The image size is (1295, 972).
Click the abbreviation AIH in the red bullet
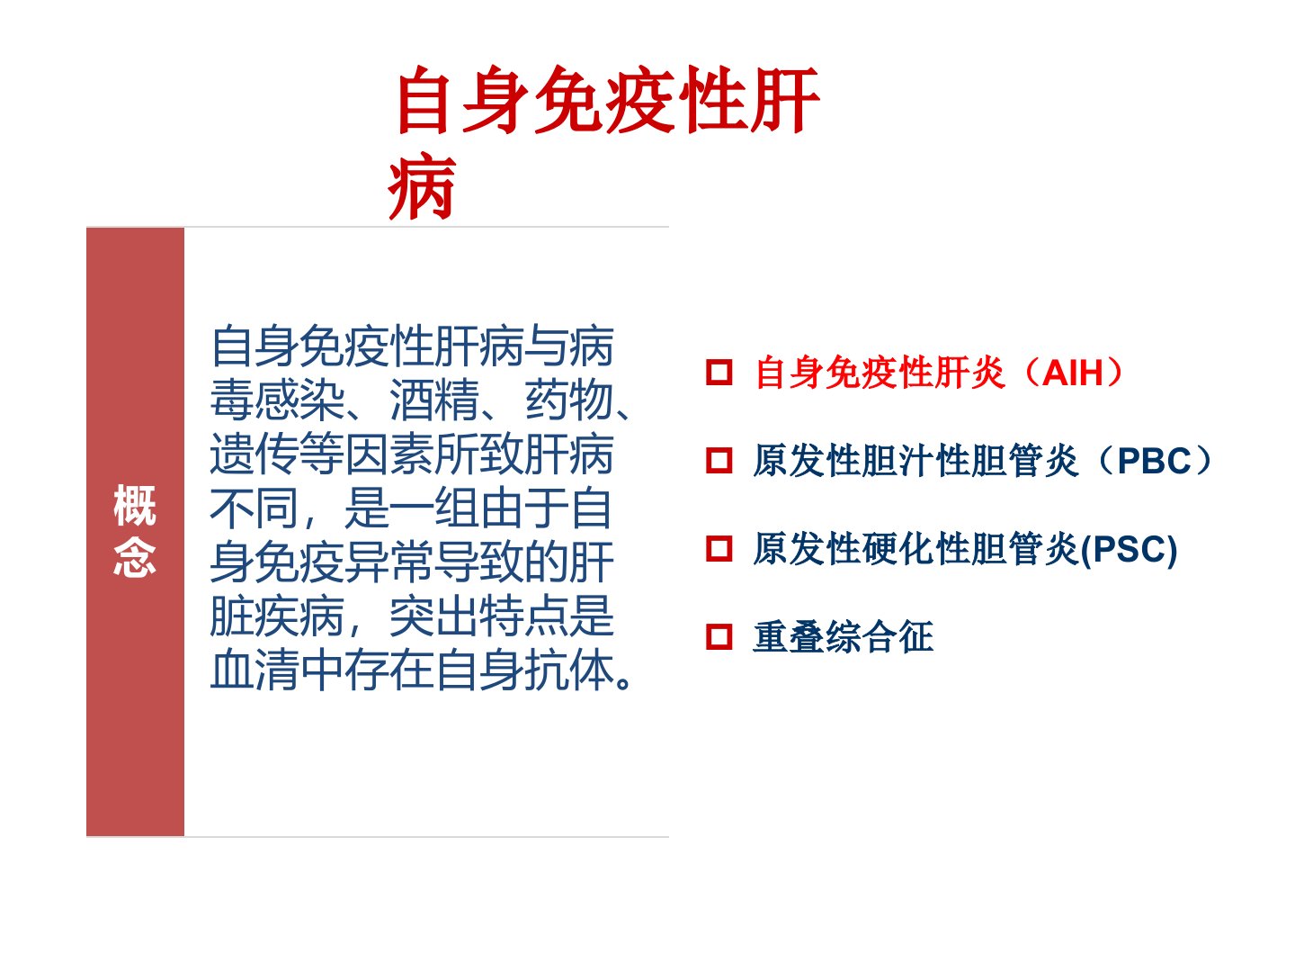pos(1072,373)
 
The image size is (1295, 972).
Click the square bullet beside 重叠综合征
pos(719,637)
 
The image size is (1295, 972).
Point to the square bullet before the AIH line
pos(719,373)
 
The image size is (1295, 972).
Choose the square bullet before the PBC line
pos(719,461)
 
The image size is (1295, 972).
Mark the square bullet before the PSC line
pos(719,549)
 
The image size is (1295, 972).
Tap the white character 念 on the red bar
pos(135,556)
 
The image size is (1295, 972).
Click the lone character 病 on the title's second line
pos(422,187)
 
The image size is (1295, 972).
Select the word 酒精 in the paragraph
pos(434,400)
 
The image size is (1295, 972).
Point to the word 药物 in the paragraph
pos(569,400)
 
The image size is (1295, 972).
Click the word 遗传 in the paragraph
pos(255,454)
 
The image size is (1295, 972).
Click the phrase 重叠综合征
pos(843,637)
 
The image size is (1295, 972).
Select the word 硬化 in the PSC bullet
pos(898,549)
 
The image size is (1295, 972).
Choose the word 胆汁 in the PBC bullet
pos(898,461)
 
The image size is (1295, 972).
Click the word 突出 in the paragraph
pos(434,616)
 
